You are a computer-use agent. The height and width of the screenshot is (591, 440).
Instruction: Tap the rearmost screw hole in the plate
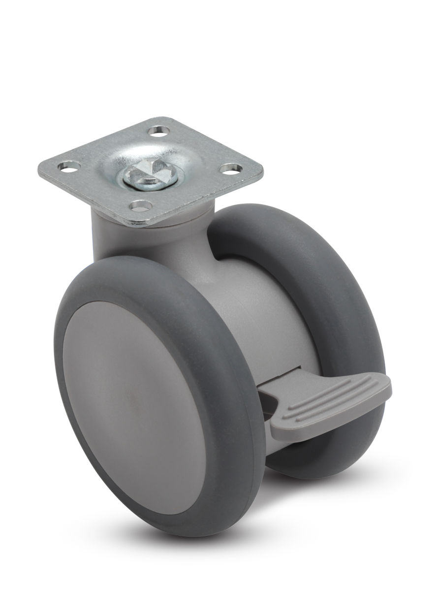click(158, 130)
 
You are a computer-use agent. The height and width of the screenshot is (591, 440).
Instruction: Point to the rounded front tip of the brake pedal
click(386, 389)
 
